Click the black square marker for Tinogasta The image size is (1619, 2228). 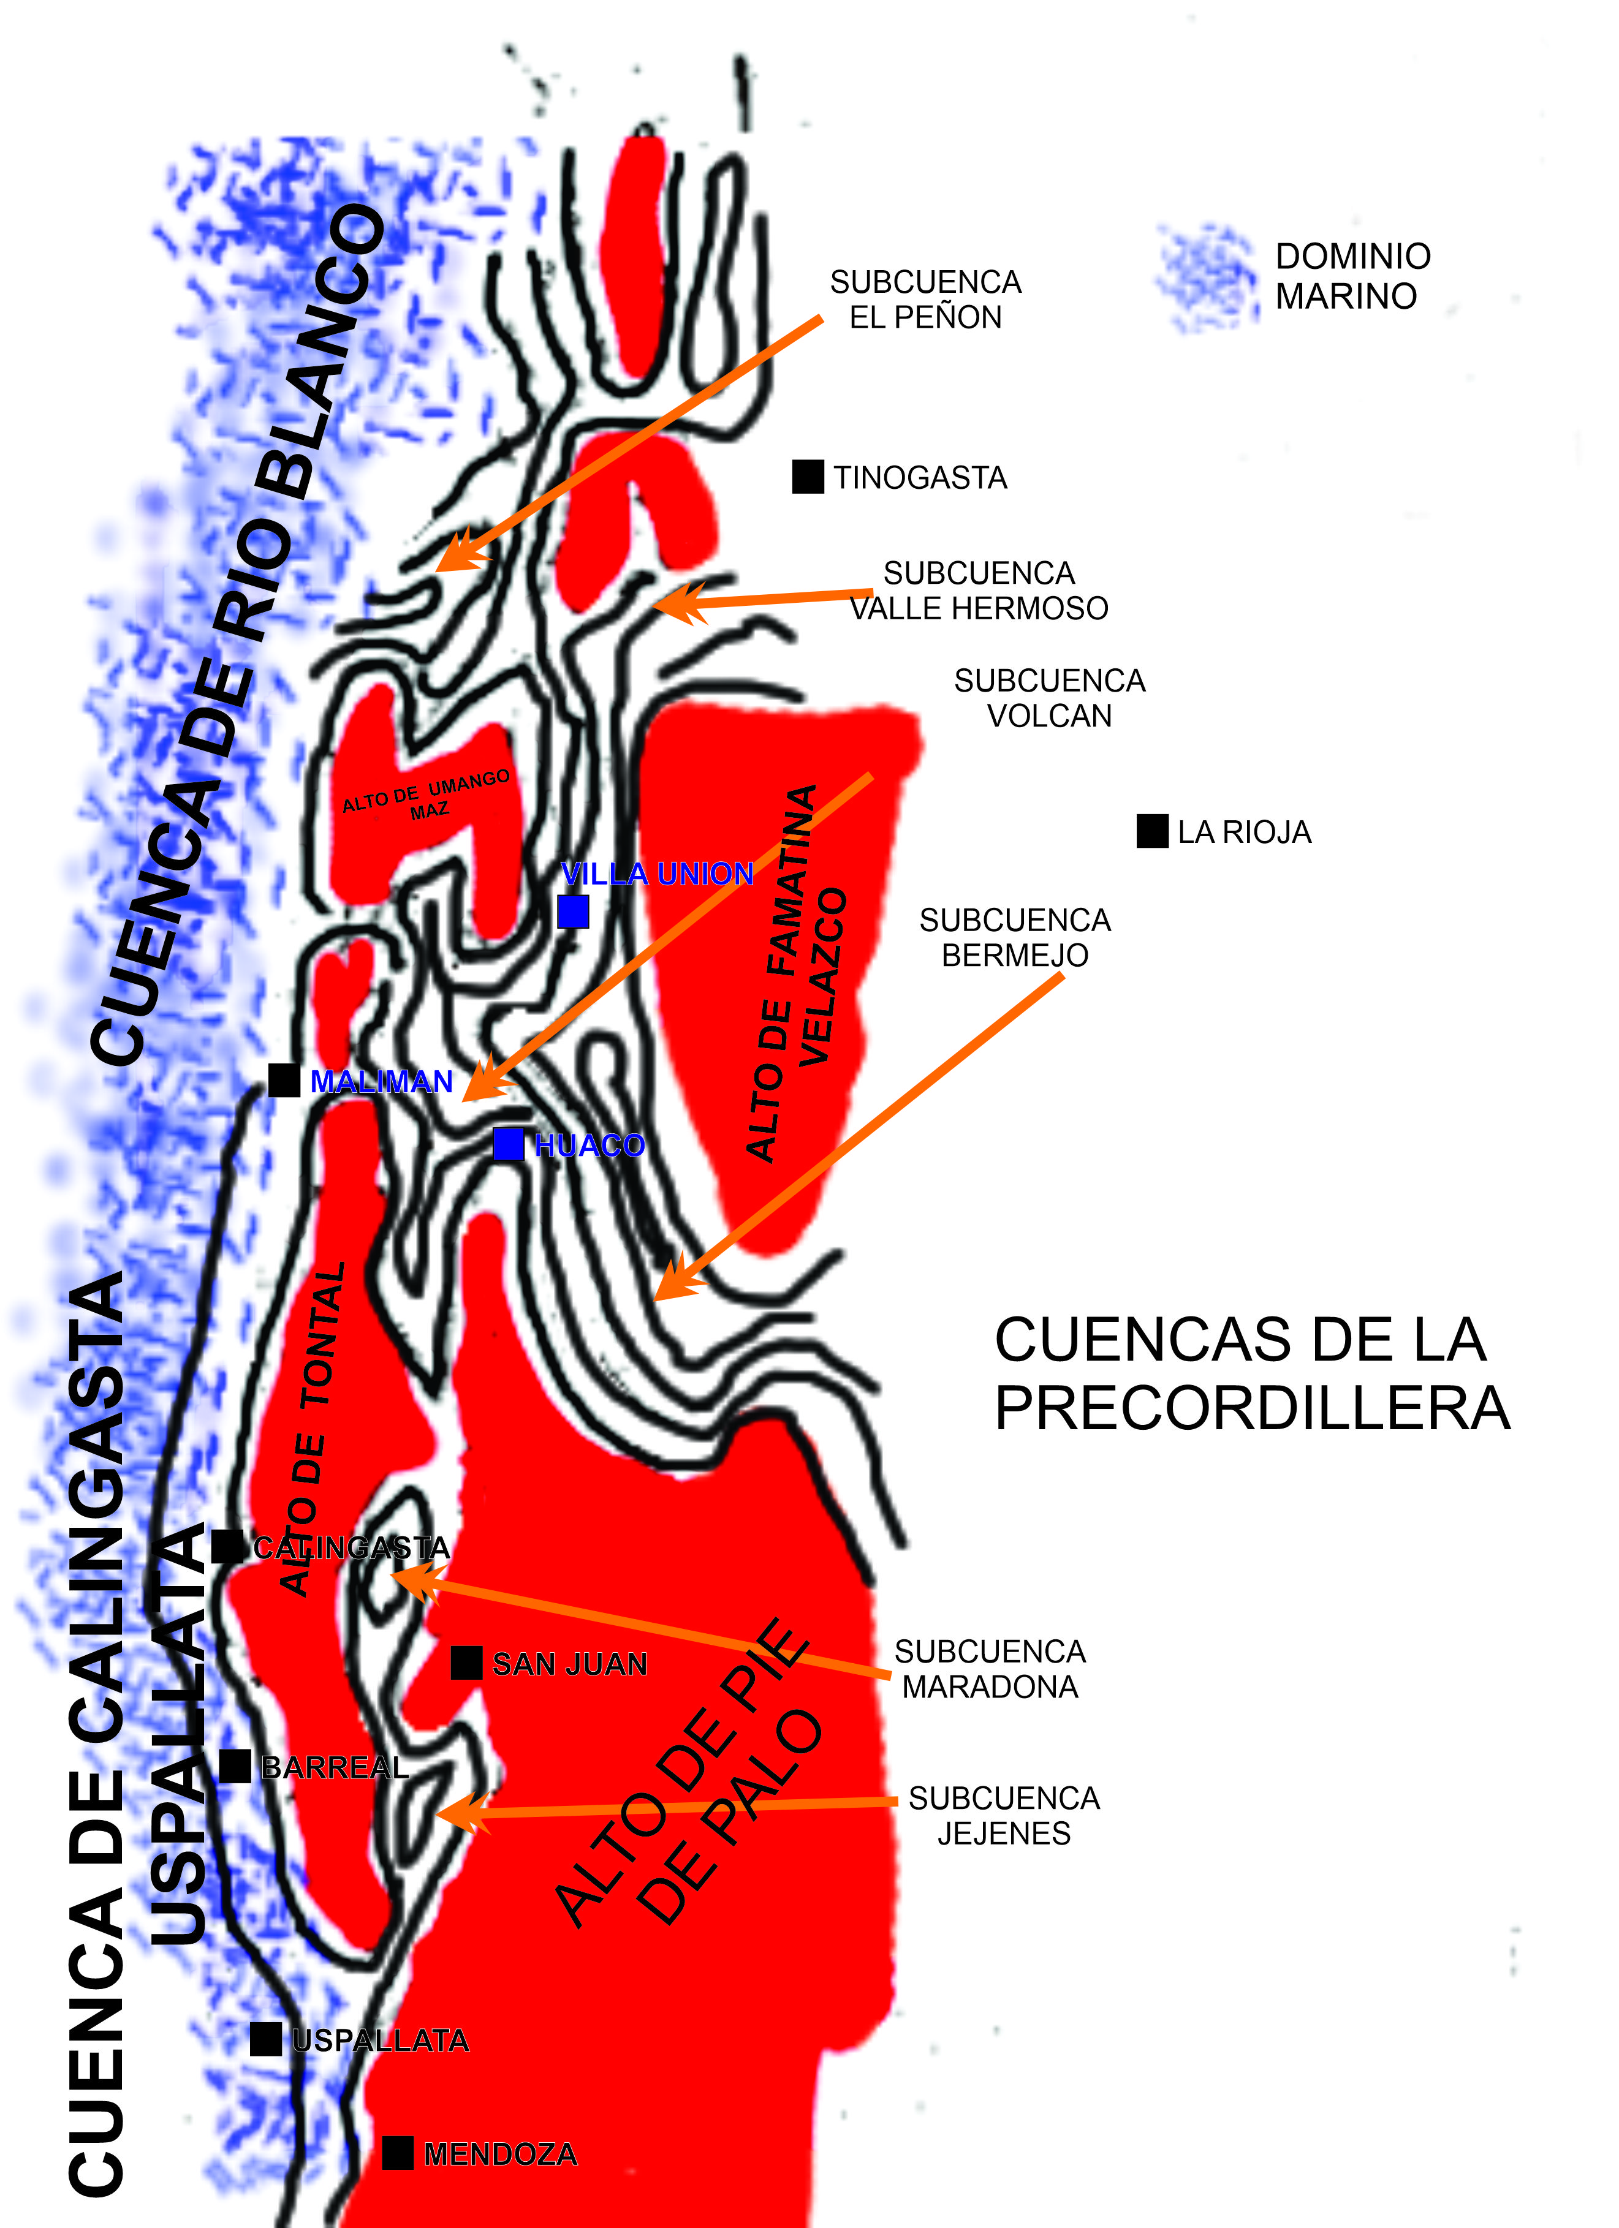coord(808,477)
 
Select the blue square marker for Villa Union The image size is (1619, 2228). coord(573,912)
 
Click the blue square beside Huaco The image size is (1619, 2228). coord(508,1144)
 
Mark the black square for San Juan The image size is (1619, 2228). coord(466,1663)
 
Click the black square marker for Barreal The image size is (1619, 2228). coord(235,1766)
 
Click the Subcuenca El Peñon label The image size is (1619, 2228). coord(925,300)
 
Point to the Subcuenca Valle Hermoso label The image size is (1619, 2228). coord(979,591)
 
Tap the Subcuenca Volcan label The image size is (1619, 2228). coord(1049,698)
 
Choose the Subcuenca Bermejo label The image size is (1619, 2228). coord(1015,937)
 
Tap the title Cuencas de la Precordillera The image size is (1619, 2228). coord(1251,1374)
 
